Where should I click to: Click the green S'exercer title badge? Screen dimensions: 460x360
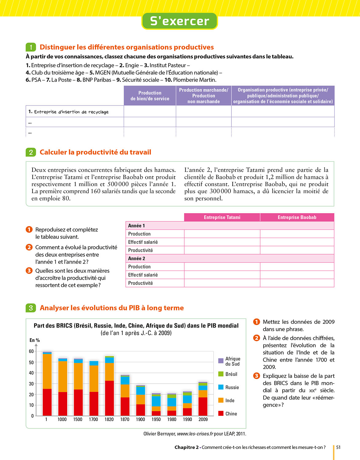180,21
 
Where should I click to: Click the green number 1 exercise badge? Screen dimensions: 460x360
31,47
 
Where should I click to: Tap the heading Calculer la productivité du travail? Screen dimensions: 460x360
95,152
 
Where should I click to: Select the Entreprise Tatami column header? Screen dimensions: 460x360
222,217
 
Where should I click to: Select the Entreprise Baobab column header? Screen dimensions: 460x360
297,217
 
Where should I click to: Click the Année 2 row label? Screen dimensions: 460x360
137,259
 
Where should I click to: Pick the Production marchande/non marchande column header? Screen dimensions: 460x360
203,96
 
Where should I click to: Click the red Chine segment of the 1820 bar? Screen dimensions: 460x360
109,398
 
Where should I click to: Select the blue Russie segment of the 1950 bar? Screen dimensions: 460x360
156,401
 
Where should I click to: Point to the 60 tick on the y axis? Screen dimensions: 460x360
31,351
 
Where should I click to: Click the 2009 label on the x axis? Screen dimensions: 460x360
203,420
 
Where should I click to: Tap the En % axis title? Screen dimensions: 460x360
35,340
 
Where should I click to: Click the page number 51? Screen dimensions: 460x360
338,447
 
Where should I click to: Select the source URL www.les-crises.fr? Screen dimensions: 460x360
195,434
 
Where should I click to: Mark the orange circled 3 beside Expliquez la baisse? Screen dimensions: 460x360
256,376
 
